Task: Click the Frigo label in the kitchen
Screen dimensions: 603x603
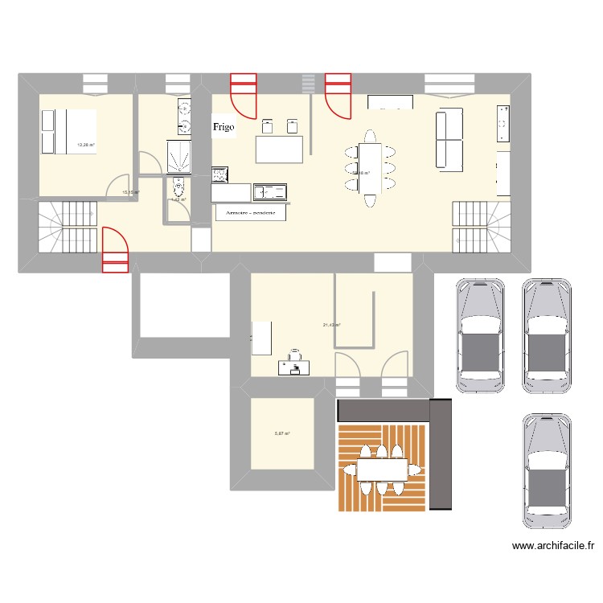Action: pos(224,127)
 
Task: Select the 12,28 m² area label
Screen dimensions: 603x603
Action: pos(85,145)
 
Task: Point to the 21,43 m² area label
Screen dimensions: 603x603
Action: pos(331,325)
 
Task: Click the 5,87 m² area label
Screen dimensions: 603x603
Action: pos(281,433)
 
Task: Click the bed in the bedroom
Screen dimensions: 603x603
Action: pos(68,131)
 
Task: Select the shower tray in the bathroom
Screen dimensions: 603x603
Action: pos(178,157)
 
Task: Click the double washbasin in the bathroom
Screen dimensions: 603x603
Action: pos(184,117)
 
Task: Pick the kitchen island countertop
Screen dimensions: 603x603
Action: pos(279,150)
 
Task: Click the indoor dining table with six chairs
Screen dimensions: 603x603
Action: pos(370,167)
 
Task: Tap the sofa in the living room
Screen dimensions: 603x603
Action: pos(451,140)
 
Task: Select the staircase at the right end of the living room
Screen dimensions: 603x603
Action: pos(481,226)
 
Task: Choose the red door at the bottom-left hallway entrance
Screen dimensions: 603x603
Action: pos(115,250)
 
